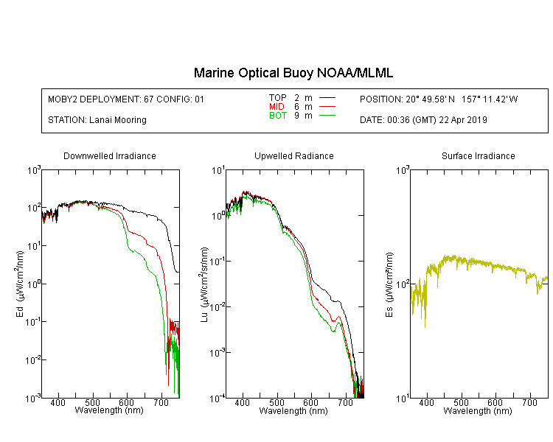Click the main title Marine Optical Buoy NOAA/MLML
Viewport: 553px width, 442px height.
[293, 74]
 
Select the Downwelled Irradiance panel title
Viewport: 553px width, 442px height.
[110, 156]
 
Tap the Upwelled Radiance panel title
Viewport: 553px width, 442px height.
[293, 156]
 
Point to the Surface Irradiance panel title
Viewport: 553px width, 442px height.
[478, 156]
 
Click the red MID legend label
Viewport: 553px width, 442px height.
[277, 107]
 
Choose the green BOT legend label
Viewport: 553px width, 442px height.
[277, 116]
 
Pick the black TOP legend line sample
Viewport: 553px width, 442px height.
[327, 98]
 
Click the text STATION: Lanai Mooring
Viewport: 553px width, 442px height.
[97, 120]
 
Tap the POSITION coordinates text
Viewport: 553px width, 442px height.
[439, 99]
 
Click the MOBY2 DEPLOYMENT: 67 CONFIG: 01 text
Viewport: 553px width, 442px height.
[126, 99]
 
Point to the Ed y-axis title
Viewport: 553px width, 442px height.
[20, 284]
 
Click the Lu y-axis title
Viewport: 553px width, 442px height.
[204, 284]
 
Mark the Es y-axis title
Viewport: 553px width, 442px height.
[389, 284]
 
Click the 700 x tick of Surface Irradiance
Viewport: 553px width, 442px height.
[530, 404]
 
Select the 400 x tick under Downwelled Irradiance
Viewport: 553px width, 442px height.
[58, 404]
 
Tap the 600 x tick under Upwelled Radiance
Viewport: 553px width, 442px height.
[311, 404]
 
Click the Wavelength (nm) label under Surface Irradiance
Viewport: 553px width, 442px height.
[478, 411]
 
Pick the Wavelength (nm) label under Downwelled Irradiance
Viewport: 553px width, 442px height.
[109, 411]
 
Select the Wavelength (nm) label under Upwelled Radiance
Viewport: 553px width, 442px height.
[293, 411]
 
